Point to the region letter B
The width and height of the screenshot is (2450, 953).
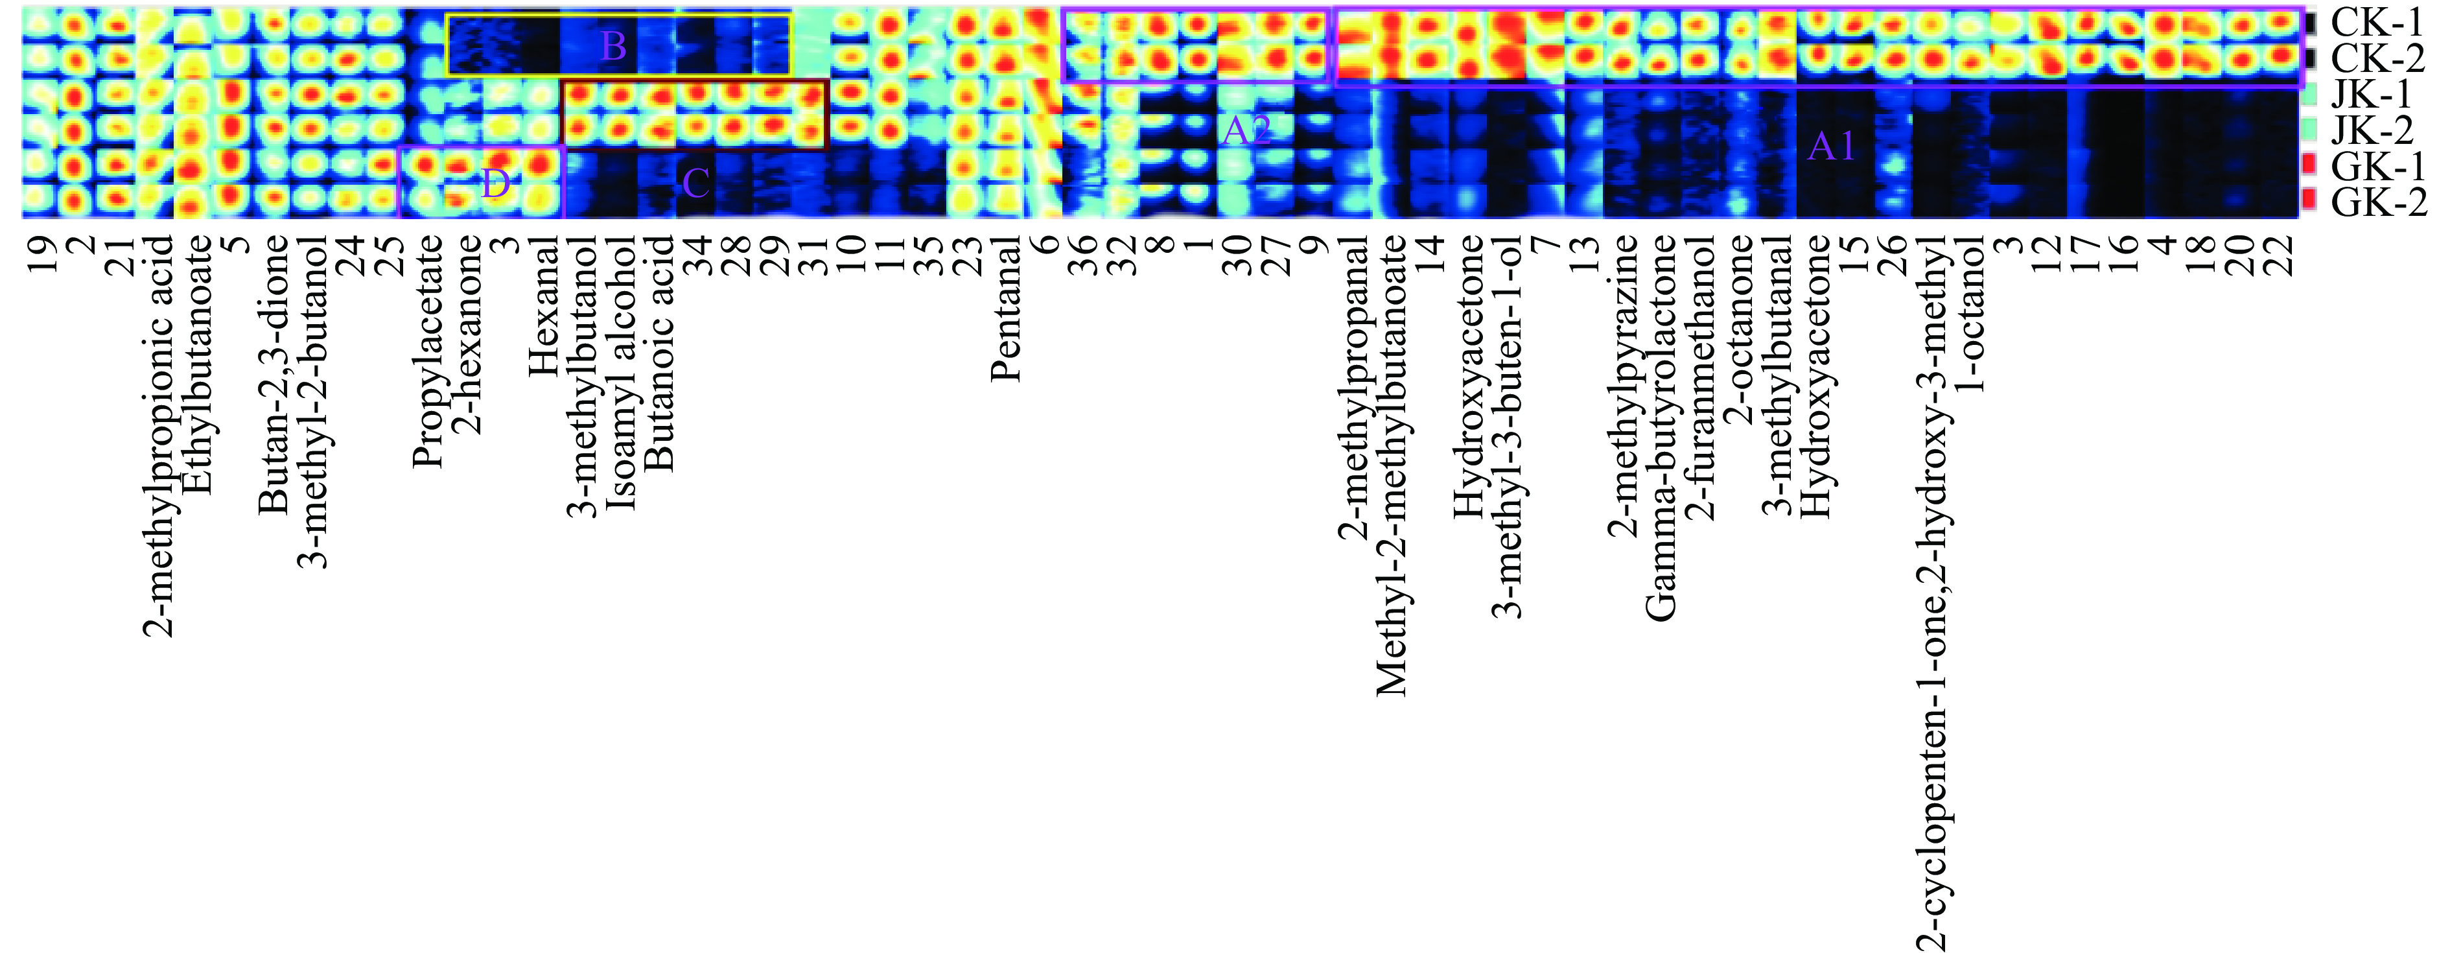pyautogui.click(x=614, y=45)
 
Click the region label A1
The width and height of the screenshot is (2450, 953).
pyautogui.click(x=1832, y=147)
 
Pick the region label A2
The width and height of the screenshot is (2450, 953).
pyautogui.click(x=1245, y=131)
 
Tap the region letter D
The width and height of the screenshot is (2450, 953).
pyautogui.click(x=496, y=183)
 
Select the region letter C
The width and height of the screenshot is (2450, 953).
pyautogui.click(x=695, y=183)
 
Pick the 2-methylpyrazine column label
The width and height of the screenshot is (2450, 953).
pyautogui.click(x=1622, y=385)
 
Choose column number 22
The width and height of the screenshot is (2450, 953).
pyautogui.click(x=2281, y=254)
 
